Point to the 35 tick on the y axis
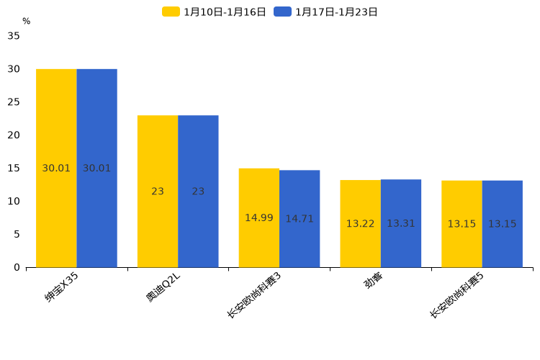14,36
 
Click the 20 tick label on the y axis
14,135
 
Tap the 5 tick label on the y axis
17,234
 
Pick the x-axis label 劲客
373,282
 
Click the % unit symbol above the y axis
26,22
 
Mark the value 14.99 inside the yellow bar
258,218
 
